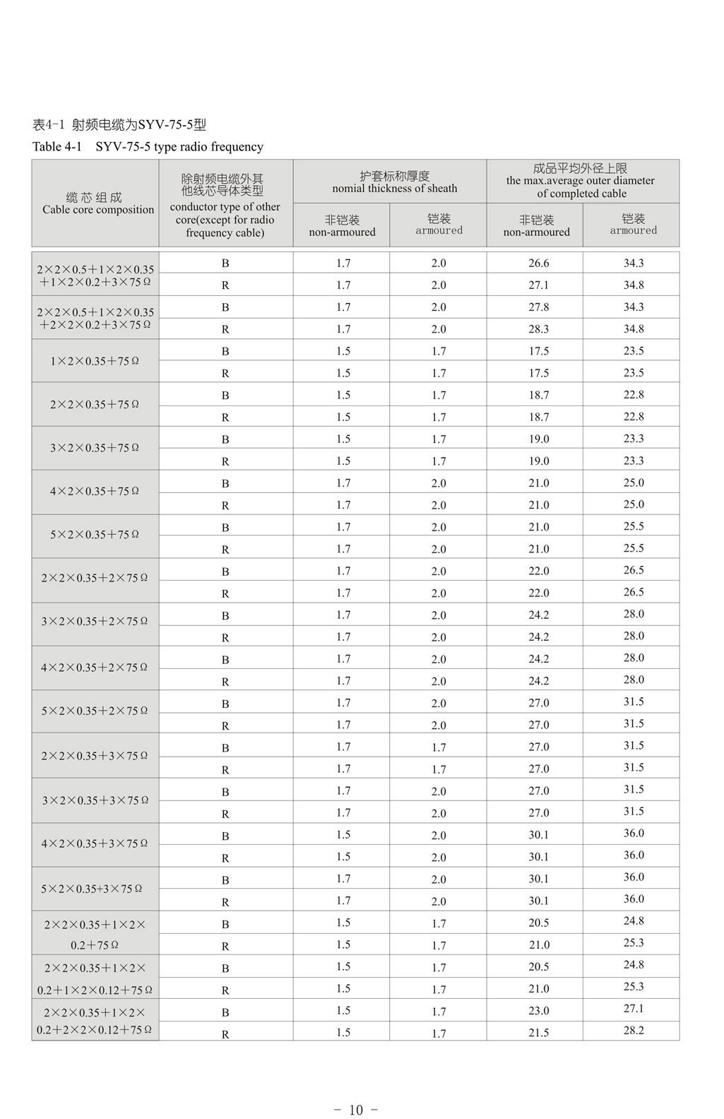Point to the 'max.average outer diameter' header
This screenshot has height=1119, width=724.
581,181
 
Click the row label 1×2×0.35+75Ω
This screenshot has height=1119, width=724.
95,361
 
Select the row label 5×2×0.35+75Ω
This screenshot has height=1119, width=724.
95,535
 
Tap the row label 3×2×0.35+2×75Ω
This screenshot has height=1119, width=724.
95,622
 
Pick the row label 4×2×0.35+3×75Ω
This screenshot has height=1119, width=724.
95,843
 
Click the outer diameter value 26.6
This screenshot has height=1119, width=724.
538,263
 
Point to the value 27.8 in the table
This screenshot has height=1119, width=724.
538,307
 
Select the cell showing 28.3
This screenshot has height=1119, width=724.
538,328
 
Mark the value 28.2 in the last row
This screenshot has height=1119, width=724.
633,1030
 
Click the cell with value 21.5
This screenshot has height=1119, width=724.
538,1032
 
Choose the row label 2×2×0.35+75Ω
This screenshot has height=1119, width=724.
95,405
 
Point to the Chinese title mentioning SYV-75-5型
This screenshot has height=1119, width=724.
119,125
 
